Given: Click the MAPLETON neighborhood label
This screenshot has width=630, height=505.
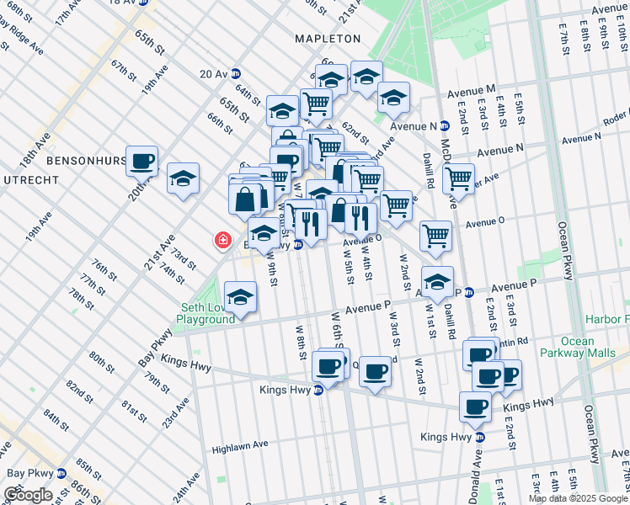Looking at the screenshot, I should [x=328, y=39].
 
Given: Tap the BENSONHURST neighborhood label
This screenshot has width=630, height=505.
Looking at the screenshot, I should [x=86, y=159].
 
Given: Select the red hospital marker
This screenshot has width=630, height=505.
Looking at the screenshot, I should [x=223, y=242].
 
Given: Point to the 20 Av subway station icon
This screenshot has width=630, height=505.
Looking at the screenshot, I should [x=236, y=74].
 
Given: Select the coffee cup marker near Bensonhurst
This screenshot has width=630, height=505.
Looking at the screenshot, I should [x=142, y=161].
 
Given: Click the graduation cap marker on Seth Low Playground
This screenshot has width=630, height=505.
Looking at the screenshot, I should [x=241, y=298].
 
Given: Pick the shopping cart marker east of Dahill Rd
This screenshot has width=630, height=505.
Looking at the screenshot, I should [x=458, y=178].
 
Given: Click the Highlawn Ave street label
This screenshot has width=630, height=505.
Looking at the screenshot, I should [x=239, y=446].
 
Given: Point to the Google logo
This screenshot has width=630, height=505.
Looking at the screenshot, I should [x=28, y=495].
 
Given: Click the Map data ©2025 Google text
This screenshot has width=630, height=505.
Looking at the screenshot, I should [x=579, y=498].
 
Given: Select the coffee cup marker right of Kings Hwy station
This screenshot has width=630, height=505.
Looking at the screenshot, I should [x=375, y=370].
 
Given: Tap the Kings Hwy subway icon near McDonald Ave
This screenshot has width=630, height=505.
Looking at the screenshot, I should [x=480, y=437].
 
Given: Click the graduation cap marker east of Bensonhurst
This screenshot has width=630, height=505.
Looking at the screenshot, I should [x=183, y=178].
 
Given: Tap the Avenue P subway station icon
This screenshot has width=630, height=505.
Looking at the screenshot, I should [x=470, y=292].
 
